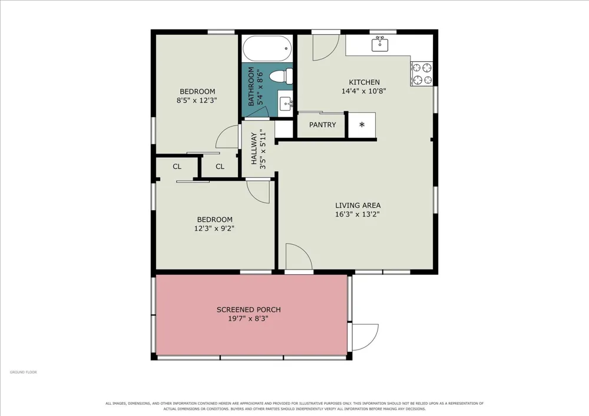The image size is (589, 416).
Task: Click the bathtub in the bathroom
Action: tap(267, 48)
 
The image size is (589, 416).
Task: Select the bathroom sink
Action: tap(286, 103)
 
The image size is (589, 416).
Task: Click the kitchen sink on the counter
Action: tap(380, 44)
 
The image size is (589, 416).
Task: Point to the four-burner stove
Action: tap(422, 74)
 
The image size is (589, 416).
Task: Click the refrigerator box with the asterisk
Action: tap(362, 125)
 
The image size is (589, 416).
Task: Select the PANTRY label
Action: tap(322, 125)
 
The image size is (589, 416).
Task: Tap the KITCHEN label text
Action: tap(364, 82)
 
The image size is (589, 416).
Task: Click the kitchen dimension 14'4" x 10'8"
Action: tap(364, 91)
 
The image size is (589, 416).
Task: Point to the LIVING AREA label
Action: tap(358, 205)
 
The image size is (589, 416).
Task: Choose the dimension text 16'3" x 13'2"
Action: tap(358, 214)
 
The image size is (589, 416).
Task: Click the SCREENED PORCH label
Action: tap(249, 309)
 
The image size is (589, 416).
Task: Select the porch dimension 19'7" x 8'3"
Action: tap(249, 319)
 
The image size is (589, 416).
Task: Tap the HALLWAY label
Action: tap(254, 148)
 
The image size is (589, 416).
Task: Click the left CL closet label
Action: tap(177, 166)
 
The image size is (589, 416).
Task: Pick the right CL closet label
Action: tap(220, 166)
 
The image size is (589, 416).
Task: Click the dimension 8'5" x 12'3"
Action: tap(197, 101)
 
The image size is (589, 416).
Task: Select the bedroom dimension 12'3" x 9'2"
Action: tap(214, 228)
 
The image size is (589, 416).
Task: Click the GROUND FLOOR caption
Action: tap(24, 372)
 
